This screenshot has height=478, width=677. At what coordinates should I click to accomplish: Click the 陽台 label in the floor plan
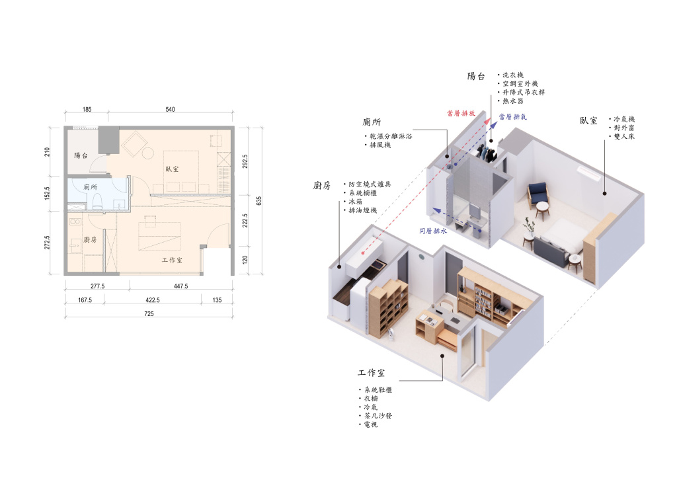pos(81,155)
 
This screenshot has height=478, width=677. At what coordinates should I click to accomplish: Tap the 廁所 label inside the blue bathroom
pos(90,187)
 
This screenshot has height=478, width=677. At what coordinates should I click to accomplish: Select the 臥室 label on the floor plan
pos(172,169)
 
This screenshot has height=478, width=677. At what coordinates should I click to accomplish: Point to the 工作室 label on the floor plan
pos(172,260)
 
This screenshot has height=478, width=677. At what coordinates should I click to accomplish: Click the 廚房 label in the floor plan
pos(90,239)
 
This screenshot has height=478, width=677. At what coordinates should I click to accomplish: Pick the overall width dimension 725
pos(149,313)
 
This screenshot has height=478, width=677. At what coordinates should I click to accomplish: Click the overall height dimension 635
pos(259,201)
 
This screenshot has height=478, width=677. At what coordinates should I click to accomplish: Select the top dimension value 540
pos(170,109)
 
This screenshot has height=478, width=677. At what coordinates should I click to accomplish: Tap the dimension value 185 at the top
pos(87,109)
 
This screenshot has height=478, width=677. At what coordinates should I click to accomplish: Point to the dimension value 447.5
pos(181,286)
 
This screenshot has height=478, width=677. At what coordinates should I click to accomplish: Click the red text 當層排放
pos(461,113)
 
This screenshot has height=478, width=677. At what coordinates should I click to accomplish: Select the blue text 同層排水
pos(433,231)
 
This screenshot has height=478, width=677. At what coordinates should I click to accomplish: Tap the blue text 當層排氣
pos(513,116)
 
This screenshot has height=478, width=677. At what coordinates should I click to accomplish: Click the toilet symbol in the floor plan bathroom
pos(97,201)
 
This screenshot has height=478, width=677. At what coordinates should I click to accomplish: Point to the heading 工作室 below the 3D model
pos(372,373)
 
